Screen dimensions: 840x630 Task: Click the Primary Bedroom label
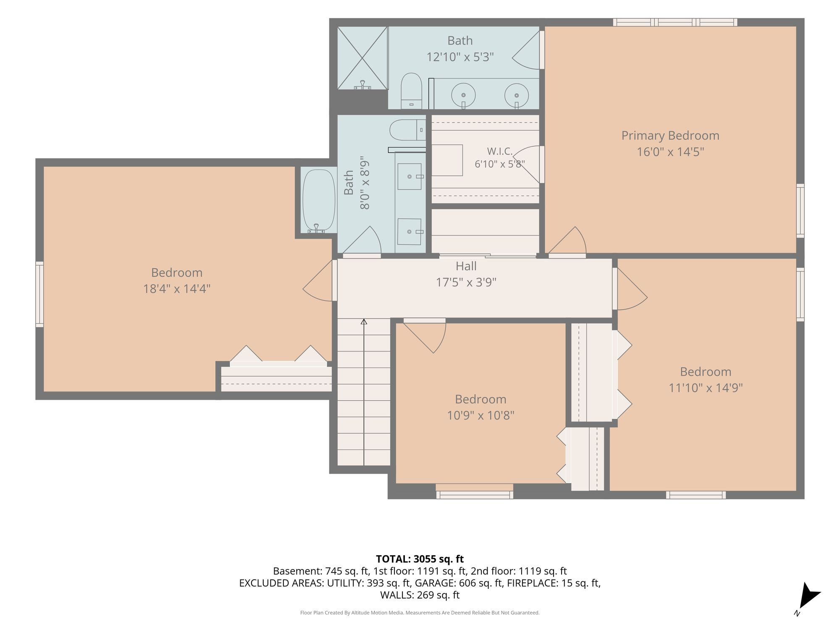pyautogui.click(x=670, y=136)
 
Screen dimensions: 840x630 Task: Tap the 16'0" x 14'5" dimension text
pyautogui.click(x=670, y=152)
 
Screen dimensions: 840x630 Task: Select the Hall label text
pyautogui.click(x=466, y=266)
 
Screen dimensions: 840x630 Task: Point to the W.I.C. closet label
pyautogui.click(x=500, y=151)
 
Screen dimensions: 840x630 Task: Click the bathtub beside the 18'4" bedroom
pyautogui.click(x=319, y=201)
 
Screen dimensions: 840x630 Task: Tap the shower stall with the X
pyautogui.click(x=362, y=58)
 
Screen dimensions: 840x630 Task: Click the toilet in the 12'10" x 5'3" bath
pyautogui.click(x=412, y=91)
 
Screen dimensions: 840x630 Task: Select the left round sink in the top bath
pyautogui.click(x=463, y=95)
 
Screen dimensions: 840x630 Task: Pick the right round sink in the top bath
pyautogui.click(x=517, y=95)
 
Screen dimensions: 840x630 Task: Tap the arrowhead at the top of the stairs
pyautogui.click(x=364, y=322)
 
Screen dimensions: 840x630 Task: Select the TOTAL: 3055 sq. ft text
pyautogui.click(x=420, y=559)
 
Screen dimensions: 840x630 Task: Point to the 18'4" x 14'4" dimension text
pyautogui.click(x=177, y=289)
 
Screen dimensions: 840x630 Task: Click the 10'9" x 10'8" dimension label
pyautogui.click(x=480, y=415)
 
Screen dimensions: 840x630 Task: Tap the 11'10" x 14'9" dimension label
pyautogui.click(x=706, y=388)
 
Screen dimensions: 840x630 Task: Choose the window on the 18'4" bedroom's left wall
pyautogui.click(x=39, y=294)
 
